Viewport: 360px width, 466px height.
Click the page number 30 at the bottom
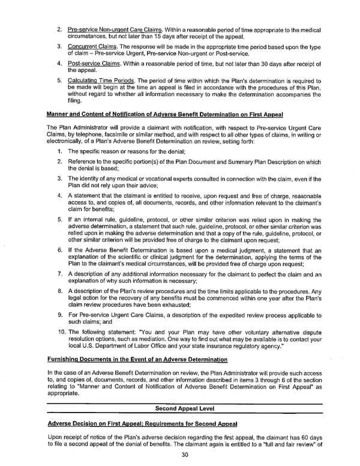181,454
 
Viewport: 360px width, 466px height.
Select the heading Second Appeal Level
181,408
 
